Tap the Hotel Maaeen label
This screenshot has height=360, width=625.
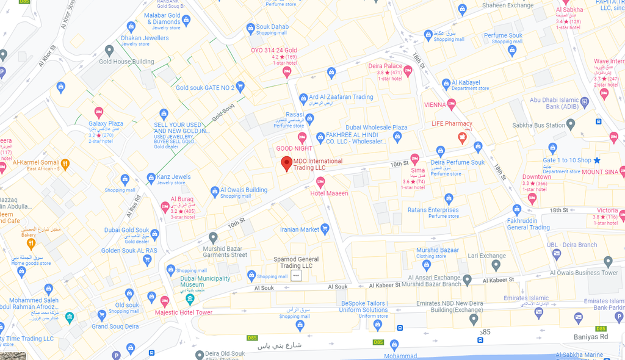329,193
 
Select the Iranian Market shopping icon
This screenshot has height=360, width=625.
325,229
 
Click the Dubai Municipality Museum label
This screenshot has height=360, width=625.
205,282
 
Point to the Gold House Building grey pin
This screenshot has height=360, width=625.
109,50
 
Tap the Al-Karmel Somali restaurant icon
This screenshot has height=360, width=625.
65,163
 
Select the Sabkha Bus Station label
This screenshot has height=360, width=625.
538,125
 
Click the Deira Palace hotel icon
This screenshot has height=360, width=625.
408,70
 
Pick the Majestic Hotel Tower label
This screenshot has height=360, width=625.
183,312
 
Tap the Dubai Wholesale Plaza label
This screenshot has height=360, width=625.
377,128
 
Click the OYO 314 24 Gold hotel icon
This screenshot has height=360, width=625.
287,72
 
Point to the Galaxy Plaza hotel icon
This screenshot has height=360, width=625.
99,112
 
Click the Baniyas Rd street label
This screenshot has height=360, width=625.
591,337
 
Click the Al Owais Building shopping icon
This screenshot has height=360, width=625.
215,192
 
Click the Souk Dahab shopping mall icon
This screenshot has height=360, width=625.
250,28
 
